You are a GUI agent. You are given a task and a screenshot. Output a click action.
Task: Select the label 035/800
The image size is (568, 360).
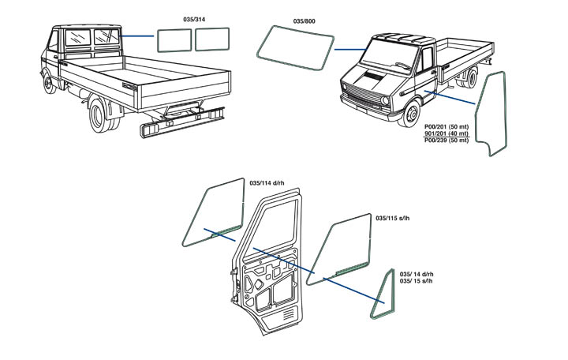click(x=303, y=17)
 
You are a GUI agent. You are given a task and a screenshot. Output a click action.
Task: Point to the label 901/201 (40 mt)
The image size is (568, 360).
click(x=447, y=134)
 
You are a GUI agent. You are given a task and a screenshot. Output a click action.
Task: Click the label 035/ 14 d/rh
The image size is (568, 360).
click(x=417, y=274)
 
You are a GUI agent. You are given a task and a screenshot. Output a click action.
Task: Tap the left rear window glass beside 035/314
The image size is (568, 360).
click(x=174, y=39)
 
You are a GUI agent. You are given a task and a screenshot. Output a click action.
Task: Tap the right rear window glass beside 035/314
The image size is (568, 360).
click(x=212, y=38)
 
